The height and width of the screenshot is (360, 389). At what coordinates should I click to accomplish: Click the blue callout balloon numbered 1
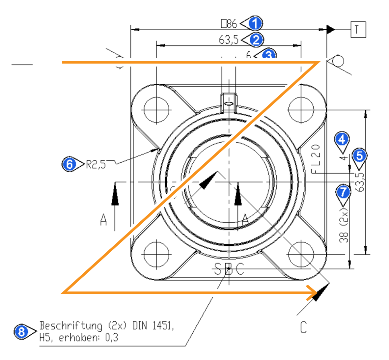click(x=255, y=24)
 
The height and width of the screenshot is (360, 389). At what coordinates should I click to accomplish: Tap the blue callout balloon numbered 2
click(x=256, y=40)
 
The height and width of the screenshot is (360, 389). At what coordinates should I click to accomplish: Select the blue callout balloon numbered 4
click(x=342, y=140)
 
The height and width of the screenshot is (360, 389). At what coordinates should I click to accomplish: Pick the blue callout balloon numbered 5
click(x=359, y=155)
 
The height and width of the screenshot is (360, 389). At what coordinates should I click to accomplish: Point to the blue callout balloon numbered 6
click(x=69, y=164)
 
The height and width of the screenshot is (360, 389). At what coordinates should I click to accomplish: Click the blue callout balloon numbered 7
click(x=344, y=191)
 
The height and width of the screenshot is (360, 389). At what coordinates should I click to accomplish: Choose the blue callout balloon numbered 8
click(x=21, y=331)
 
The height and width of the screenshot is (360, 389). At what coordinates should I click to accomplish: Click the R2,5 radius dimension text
click(x=96, y=164)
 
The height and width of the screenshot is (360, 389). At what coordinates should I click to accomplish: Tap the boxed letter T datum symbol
click(x=358, y=29)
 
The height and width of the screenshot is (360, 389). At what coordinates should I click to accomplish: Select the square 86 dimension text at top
click(x=229, y=24)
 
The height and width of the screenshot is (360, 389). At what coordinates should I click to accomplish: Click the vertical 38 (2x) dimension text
click(x=344, y=225)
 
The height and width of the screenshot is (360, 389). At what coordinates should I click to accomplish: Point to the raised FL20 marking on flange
click(x=316, y=159)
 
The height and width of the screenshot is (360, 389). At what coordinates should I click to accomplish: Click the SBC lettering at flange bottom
click(x=229, y=269)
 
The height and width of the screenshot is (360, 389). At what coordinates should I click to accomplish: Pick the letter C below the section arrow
click(x=303, y=327)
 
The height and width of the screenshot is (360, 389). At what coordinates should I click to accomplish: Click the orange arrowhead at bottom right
click(x=313, y=292)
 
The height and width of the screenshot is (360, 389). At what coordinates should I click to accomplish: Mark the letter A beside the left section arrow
click(x=104, y=220)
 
